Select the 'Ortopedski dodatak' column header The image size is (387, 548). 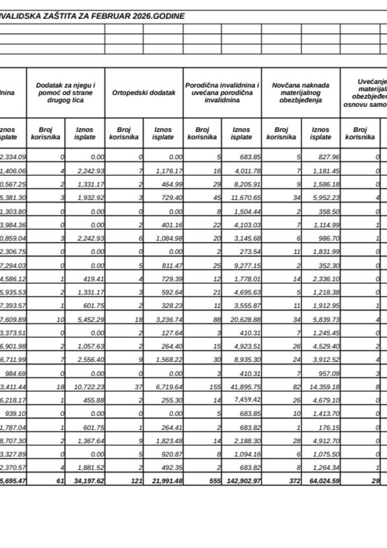coord(144,92)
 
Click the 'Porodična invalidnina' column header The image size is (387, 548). coord(222,92)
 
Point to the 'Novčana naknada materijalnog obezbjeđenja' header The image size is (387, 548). coord(301,92)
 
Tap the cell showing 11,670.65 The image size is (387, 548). coord(242,196)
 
